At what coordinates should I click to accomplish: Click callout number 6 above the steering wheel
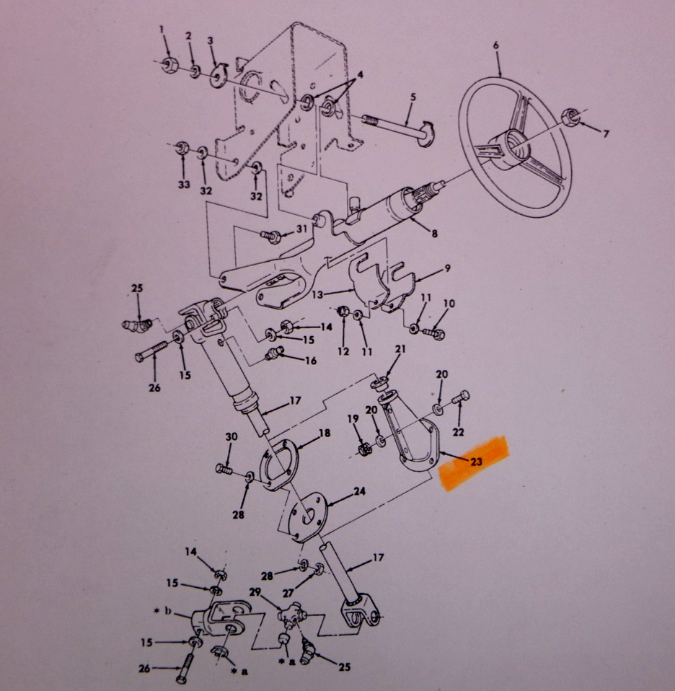coord(495,45)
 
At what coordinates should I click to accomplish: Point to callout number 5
coord(412,97)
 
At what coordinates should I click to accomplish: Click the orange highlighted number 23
coord(476,462)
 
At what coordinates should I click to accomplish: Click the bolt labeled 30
coord(224,468)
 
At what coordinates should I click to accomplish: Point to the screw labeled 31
coord(268,236)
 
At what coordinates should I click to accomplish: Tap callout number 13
coord(317,294)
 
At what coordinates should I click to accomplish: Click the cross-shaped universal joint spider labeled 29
coord(291,615)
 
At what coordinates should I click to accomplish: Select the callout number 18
coord(325,433)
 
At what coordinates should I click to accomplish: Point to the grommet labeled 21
coord(379,383)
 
